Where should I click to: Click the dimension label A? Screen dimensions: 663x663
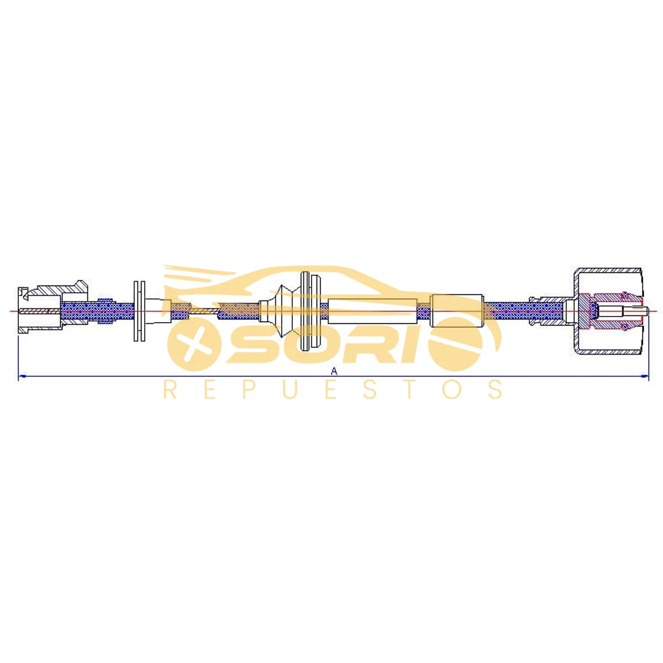(334, 372)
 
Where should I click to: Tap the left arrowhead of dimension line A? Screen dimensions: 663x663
(22, 376)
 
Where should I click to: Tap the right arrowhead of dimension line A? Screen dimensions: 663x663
(644, 376)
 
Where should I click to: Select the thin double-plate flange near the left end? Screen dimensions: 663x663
(139, 311)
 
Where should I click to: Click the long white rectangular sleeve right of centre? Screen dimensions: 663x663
(372, 311)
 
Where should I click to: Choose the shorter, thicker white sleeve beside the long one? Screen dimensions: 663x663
(456, 311)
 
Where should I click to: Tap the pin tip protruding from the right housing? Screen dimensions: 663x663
(646, 311)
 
